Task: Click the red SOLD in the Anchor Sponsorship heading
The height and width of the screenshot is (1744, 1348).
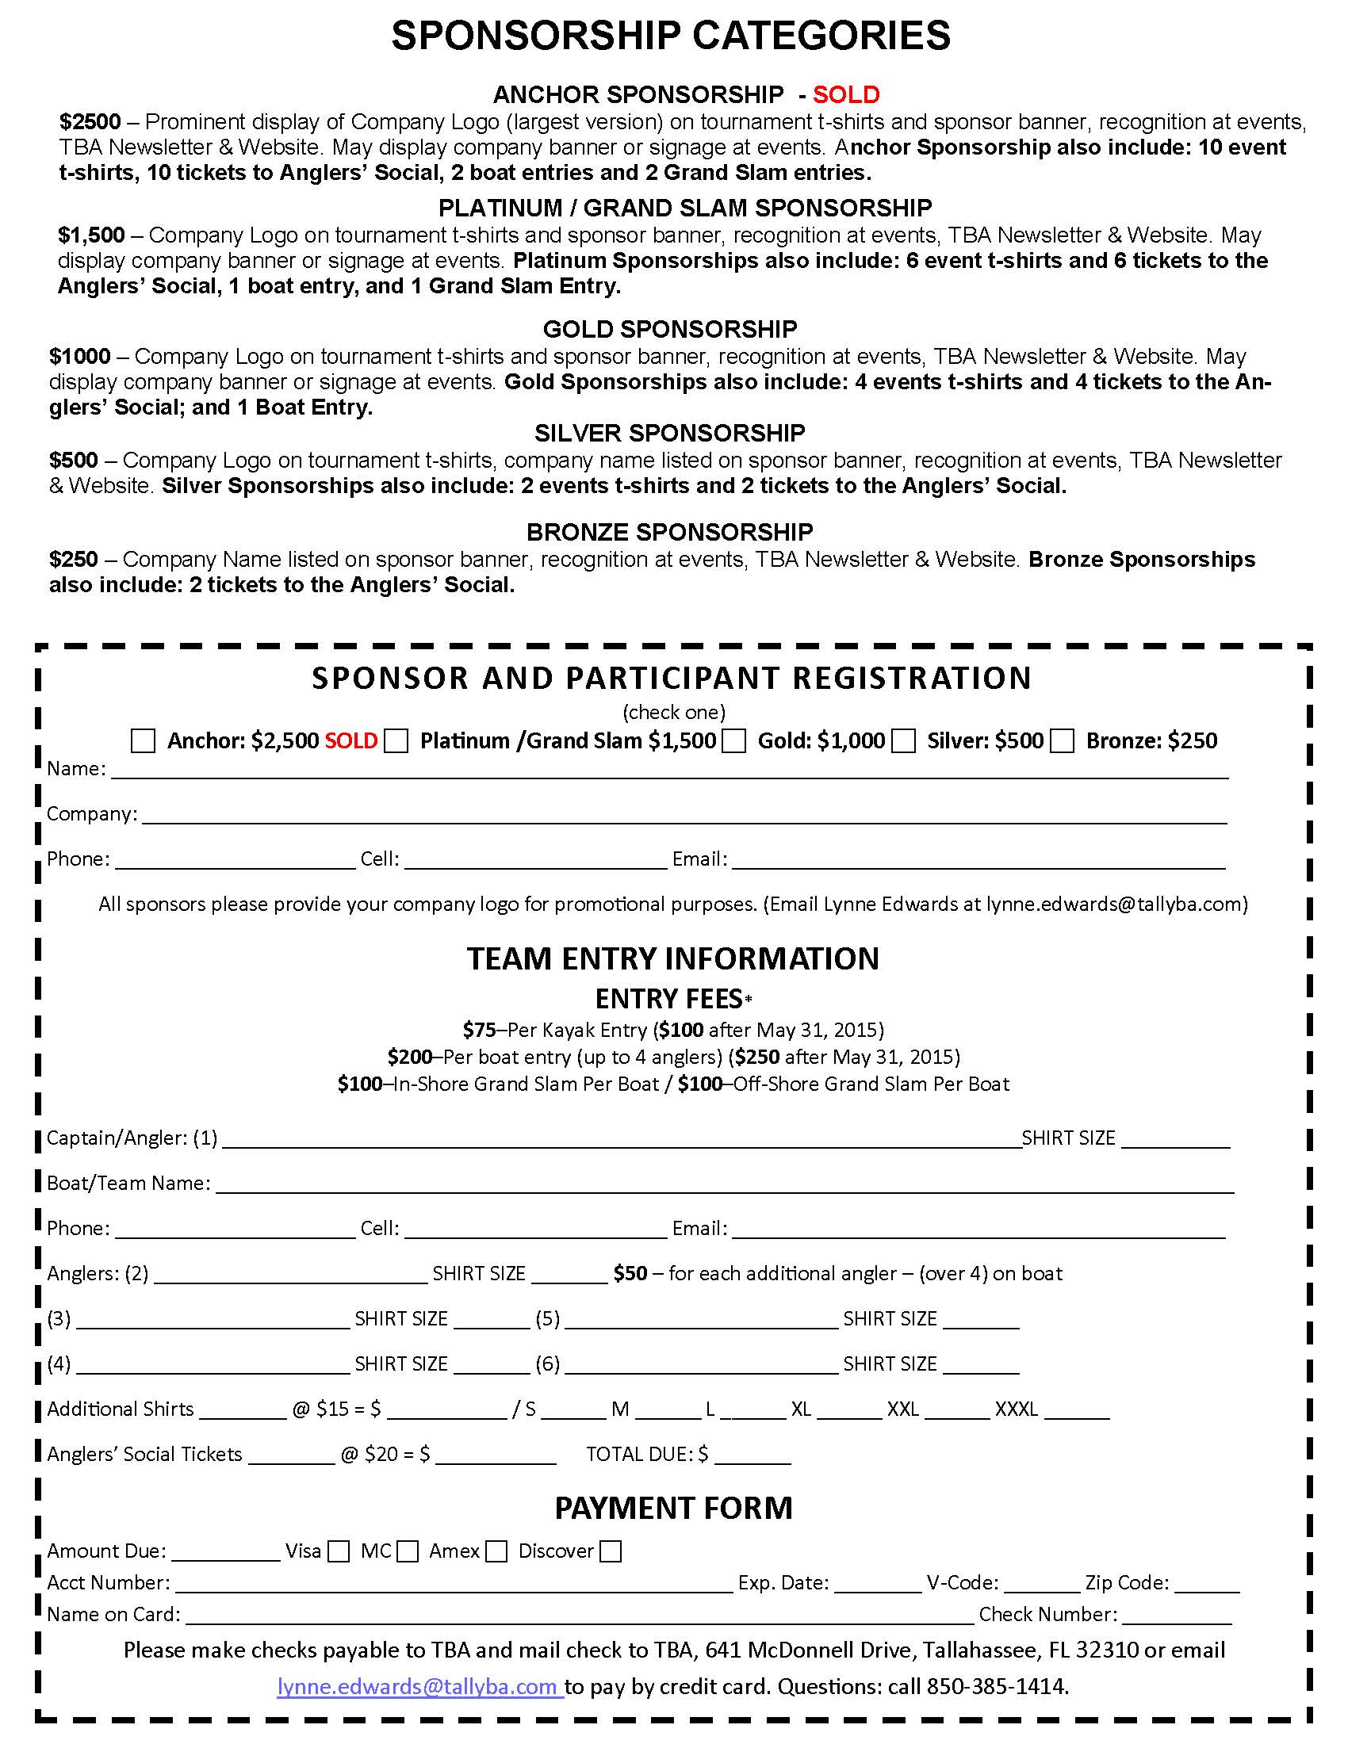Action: click(x=846, y=95)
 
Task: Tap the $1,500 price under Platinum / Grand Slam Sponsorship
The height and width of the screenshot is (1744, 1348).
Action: click(x=91, y=235)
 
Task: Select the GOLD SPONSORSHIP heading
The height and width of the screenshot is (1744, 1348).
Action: click(x=669, y=329)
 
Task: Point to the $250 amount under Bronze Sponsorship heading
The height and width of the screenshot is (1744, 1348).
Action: click(x=74, y=559)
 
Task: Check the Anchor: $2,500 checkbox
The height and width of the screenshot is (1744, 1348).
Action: click(x=143, y=740)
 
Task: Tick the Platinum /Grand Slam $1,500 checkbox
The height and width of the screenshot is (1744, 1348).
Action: click(x=396, y=740)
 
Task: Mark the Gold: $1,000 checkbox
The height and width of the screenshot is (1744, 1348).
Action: click(x=734, y=740)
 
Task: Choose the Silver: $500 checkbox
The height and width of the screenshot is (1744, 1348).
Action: click(x=903, y=740)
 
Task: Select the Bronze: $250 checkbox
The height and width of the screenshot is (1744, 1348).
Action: click(x=1062, y=740)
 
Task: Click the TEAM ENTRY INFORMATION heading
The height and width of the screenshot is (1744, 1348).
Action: click(x=672, y=958)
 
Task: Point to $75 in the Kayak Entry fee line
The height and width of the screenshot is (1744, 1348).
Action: click(x=479, y=1029)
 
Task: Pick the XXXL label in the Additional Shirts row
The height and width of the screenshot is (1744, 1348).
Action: click(x=1016, y=1409)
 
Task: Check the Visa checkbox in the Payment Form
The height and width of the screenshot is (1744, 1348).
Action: click(x=339, y=1551)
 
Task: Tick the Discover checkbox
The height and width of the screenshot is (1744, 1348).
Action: click(x=611, y=1551)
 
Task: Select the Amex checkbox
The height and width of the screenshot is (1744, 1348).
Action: click(x=496, y=1551)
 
